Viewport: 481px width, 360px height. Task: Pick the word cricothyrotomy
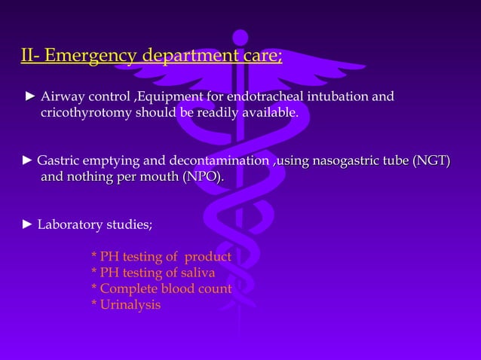(86, 113)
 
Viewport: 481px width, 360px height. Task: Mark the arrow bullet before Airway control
(30, 97)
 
